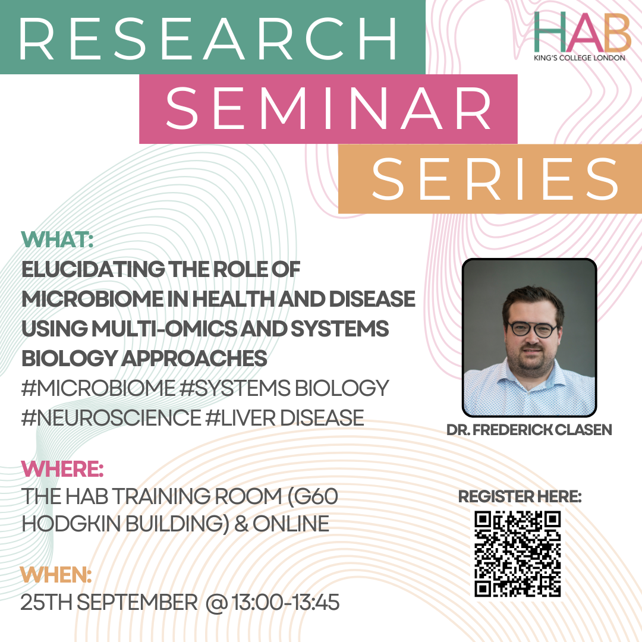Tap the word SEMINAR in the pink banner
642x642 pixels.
point(328,109)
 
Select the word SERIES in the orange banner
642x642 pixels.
point(495,179)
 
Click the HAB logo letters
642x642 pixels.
point(582,32)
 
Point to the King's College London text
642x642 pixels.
point(580,58)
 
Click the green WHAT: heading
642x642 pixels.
point(57,240)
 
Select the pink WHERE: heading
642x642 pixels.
point(62,469)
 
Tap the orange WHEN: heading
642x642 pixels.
point(56,575)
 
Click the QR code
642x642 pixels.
point(518,553)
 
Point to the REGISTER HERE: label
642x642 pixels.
point(520,496)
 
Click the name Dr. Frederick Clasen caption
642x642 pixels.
point(529,430)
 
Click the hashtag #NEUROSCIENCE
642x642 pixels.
point(111,418)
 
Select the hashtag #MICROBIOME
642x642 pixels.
point(98,388)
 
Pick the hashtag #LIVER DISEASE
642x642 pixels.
point(285,418)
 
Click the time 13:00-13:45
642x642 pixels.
point(285,602)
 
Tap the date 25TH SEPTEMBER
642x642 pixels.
point(109,602)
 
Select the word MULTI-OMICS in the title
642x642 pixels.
point(164,329)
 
